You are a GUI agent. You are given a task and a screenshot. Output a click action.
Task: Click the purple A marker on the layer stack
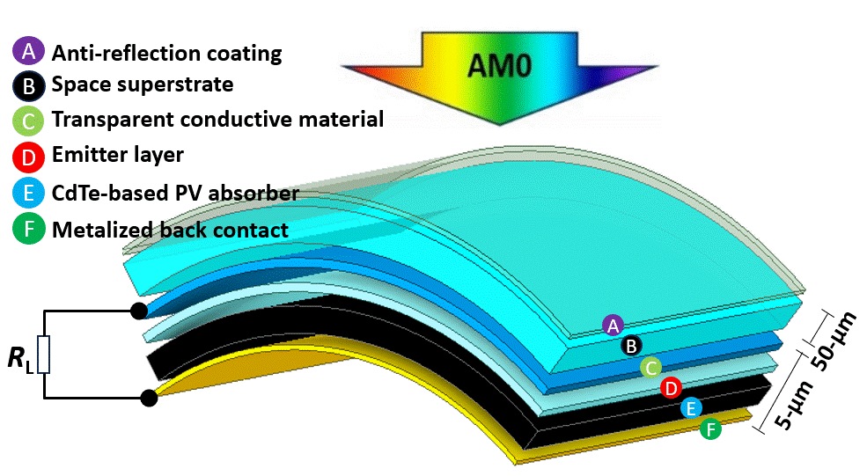(614, 326)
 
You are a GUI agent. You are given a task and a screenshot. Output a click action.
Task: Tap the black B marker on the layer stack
(630, 345)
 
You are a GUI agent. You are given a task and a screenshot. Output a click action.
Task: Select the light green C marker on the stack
(650, 367)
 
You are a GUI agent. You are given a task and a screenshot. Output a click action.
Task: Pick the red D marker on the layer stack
(671, 387)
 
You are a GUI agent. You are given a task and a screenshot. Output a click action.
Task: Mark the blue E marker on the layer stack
(691, 407)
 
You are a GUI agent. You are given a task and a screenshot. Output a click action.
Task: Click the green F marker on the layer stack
(710, 429)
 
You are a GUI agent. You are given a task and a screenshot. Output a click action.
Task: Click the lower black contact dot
(149, 399)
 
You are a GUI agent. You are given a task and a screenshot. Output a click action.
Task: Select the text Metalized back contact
(170, 231)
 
